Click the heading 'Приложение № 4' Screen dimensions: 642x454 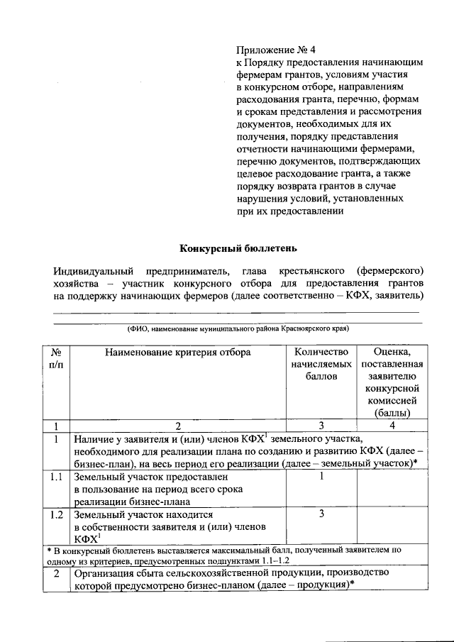[x=275, y=50]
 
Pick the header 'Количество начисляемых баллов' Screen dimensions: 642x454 [x=321, y=364]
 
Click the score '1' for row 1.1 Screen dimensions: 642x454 [x=321, y=477]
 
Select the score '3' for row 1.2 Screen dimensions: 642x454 [x=321, y=514]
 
